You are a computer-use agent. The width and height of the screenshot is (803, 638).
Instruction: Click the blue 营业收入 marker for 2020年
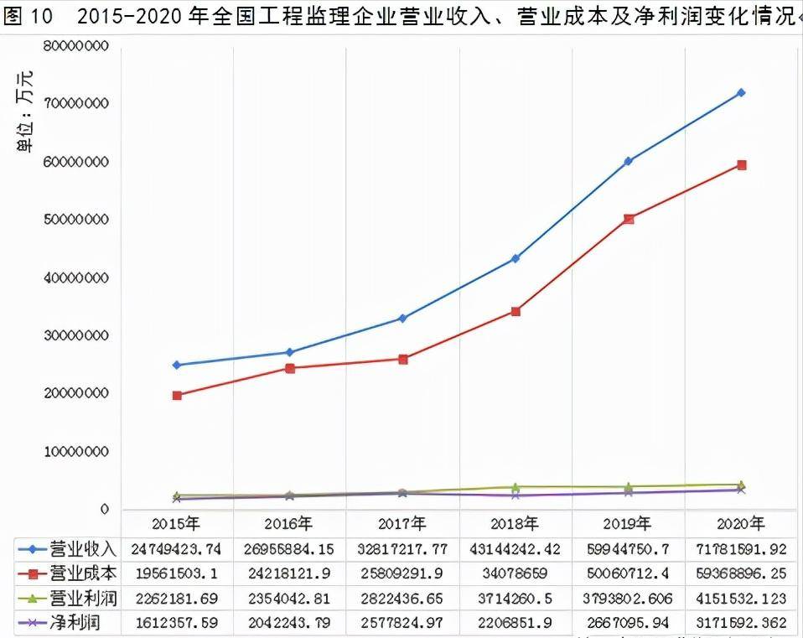(741, 93)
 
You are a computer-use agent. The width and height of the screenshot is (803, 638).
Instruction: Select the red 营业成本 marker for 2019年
(629, 219)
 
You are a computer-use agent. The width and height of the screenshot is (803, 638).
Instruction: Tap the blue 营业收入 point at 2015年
(177, 365)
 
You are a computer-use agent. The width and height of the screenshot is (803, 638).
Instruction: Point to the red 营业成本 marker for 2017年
(403, 359)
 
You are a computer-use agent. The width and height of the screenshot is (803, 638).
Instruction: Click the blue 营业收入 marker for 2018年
(515, 258)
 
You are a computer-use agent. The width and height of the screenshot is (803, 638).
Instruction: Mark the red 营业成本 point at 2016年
(290, 368)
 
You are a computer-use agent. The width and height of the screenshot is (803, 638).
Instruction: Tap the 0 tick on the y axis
(104, 509)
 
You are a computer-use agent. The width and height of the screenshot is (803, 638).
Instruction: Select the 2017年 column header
(402, 524)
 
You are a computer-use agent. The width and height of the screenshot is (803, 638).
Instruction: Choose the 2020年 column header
(741, 524)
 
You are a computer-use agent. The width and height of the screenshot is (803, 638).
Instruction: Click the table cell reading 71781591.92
(741, 548)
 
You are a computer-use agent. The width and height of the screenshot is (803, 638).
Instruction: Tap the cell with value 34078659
(515, 573)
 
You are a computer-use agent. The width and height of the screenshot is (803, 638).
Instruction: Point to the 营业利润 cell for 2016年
(290, 599)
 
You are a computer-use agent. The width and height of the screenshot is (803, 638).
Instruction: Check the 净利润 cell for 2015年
(177, 623)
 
